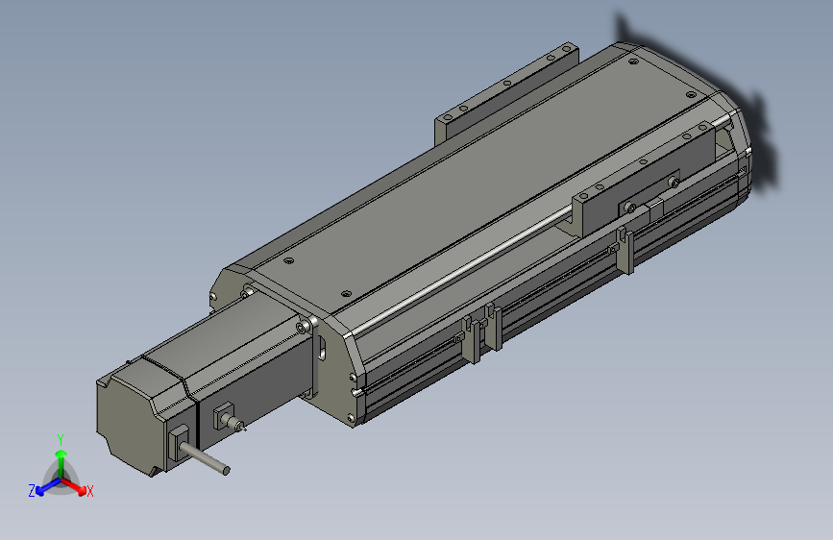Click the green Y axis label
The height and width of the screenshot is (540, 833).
point(61,438)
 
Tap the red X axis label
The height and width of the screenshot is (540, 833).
point(90,491)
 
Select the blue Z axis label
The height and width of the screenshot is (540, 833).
point(32,490)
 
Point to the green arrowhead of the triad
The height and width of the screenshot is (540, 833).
point(61,453)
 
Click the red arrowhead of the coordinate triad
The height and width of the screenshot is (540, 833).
point(80,486)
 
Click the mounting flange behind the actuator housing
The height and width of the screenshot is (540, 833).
point(506,91)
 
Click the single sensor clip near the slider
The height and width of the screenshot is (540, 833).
point(625,247)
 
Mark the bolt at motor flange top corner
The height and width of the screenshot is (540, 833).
point(306,328)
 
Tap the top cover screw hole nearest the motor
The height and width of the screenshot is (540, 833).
point(285,260)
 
